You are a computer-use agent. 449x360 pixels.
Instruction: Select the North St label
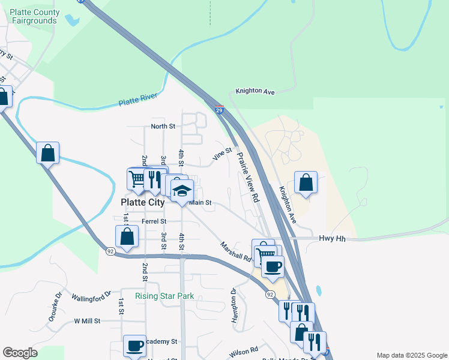coord(163,127)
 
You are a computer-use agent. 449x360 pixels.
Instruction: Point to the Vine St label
coord(222,155)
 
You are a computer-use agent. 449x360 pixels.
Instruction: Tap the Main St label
coord(201,203)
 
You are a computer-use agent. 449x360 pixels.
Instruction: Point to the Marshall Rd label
coord(235,251)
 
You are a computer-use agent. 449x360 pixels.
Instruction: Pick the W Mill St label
coord(87,321)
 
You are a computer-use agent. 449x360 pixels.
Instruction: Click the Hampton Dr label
coord(234,305)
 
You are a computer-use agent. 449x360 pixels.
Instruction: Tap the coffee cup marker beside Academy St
coord(134,346)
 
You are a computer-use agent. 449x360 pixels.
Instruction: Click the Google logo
coord(20,353)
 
